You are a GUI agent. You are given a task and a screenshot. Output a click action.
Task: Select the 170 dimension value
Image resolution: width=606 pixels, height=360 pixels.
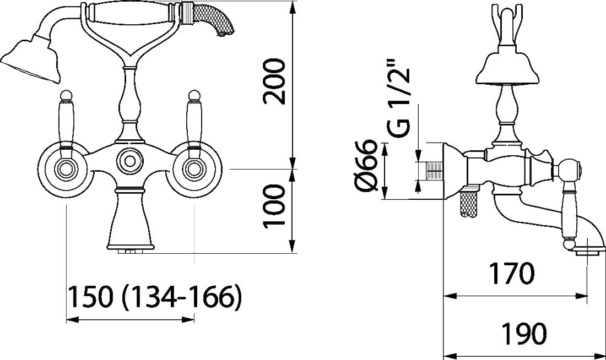[512, 274]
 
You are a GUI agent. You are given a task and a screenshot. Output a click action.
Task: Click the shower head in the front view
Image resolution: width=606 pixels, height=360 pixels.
[31, 58]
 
